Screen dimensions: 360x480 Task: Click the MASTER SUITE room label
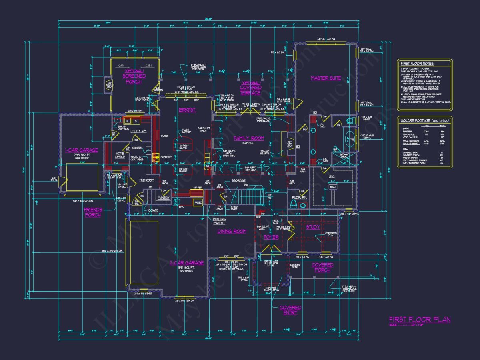pyautogui.click(x=326, y=78)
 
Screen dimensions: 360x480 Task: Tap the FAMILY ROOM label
pyautogui.click(x=248, y=138)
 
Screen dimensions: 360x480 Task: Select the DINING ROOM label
pyautogui.click(x=232, y=232)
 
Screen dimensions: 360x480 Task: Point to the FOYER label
pyautogui.click(x=271, y=237)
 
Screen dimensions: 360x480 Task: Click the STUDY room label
pyautogui.click(x=313, y=227)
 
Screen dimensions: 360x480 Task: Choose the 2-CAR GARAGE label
pyautogui.click(x=187, y=263)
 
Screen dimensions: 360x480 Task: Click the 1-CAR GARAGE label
pyautogui.click(x=82, y=150)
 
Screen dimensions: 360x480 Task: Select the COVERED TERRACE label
pyautogui.click(x=250, y=90)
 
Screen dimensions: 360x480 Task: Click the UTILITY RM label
pyautogui.click(x=138, y=131)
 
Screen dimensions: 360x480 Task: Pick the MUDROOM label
pyautogui.click(x=146, y=180)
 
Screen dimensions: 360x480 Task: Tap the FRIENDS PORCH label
pyautogui.click(x=92, y=212)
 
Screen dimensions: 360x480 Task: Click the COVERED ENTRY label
pyautogui.click(x=290, y=310)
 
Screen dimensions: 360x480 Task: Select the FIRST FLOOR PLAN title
pyautogui.click(x=420, y=319)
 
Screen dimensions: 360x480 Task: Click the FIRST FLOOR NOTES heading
pyautogui.click(x=418, y=64)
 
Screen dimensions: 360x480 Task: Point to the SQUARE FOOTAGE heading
pyautogui.click(x=424, y=121)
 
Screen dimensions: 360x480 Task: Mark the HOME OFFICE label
pyautogui.click(x=120, y=155)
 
